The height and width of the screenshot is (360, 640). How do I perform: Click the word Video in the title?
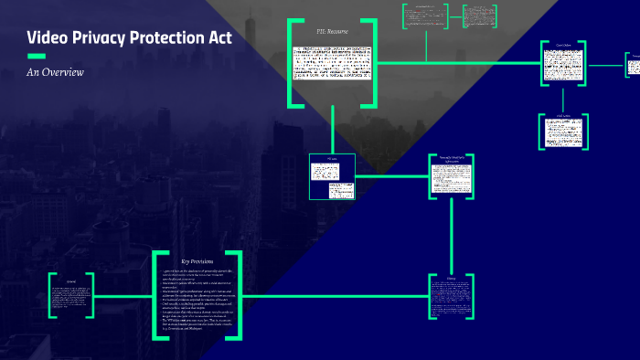[x=48, y=38]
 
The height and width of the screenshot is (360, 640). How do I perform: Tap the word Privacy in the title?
[x=104, y=38]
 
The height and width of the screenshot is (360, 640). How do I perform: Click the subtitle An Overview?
[x=55, y=71]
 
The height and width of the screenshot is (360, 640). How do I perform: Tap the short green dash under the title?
[x=37, y=56]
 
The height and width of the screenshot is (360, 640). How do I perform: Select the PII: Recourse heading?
[x=332, y=31]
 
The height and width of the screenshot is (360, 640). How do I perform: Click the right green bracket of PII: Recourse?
[x=372, y=63]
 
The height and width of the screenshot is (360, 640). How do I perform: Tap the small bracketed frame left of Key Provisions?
[x=71, y=294]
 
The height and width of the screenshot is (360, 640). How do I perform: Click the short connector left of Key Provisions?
[x=124, y=295]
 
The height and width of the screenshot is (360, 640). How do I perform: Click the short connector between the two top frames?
[x=454, y=16]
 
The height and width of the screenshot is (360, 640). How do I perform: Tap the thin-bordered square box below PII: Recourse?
[x=332, y=177]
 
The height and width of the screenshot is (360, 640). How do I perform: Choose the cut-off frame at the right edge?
[x=633, y=66]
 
